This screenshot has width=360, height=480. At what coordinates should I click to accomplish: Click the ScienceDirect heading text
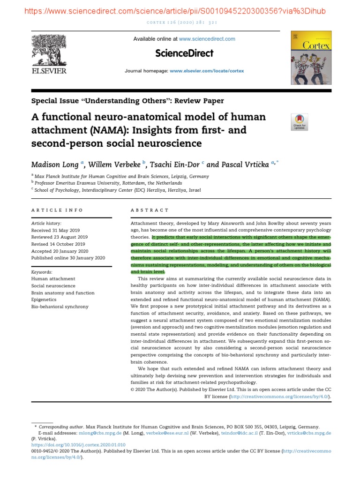[x=184, y=53]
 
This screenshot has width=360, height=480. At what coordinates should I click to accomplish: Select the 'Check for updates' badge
[x=300, y=122]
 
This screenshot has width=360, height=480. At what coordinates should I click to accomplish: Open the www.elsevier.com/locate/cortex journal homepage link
[x=207, y=71]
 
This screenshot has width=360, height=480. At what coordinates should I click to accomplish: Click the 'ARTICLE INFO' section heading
[x=57, y=210]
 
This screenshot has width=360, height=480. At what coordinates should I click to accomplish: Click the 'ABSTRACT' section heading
[x=150, y=210]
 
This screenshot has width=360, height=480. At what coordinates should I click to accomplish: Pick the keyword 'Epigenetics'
[x=45, y=300]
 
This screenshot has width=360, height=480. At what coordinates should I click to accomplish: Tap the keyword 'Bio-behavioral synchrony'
[x=60, y=307]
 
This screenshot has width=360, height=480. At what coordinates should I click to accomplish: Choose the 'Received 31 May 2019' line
[x=55, y=231]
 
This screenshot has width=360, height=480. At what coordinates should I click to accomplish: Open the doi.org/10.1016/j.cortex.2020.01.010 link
[x=78, y=444]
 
